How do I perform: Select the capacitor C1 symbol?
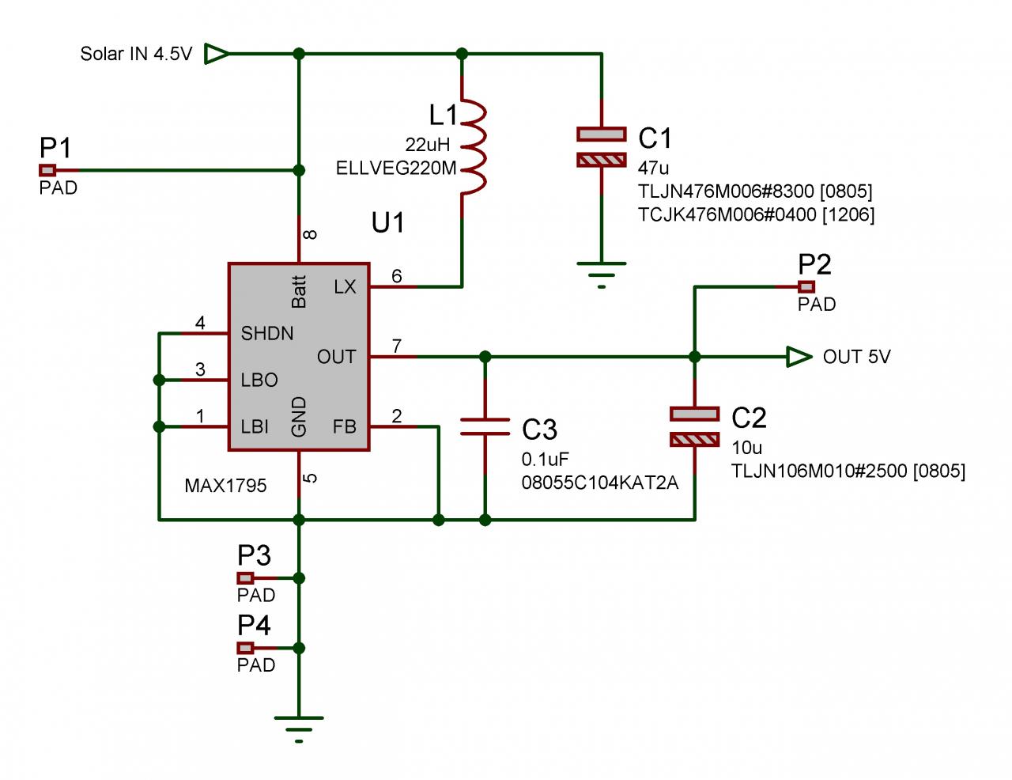[602, 147]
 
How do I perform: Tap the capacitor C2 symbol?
[694, 426]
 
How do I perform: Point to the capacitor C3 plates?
[485, 426]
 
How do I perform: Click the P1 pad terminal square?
[48, 170]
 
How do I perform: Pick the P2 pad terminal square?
[806, 286]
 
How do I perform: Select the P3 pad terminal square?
[246, 578]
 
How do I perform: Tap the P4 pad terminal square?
[246, 648]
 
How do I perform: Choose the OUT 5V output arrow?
[799, 357]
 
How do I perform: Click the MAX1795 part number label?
[225, 486]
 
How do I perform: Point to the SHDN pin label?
[267, 334]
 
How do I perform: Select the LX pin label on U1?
[345, 287]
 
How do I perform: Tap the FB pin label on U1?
[345, 427]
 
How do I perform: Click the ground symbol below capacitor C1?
[602, 274]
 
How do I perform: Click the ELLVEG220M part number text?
[396, 168]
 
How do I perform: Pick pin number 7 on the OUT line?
[397, 346]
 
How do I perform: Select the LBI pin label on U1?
[255, 427]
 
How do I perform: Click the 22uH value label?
[427, 145]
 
